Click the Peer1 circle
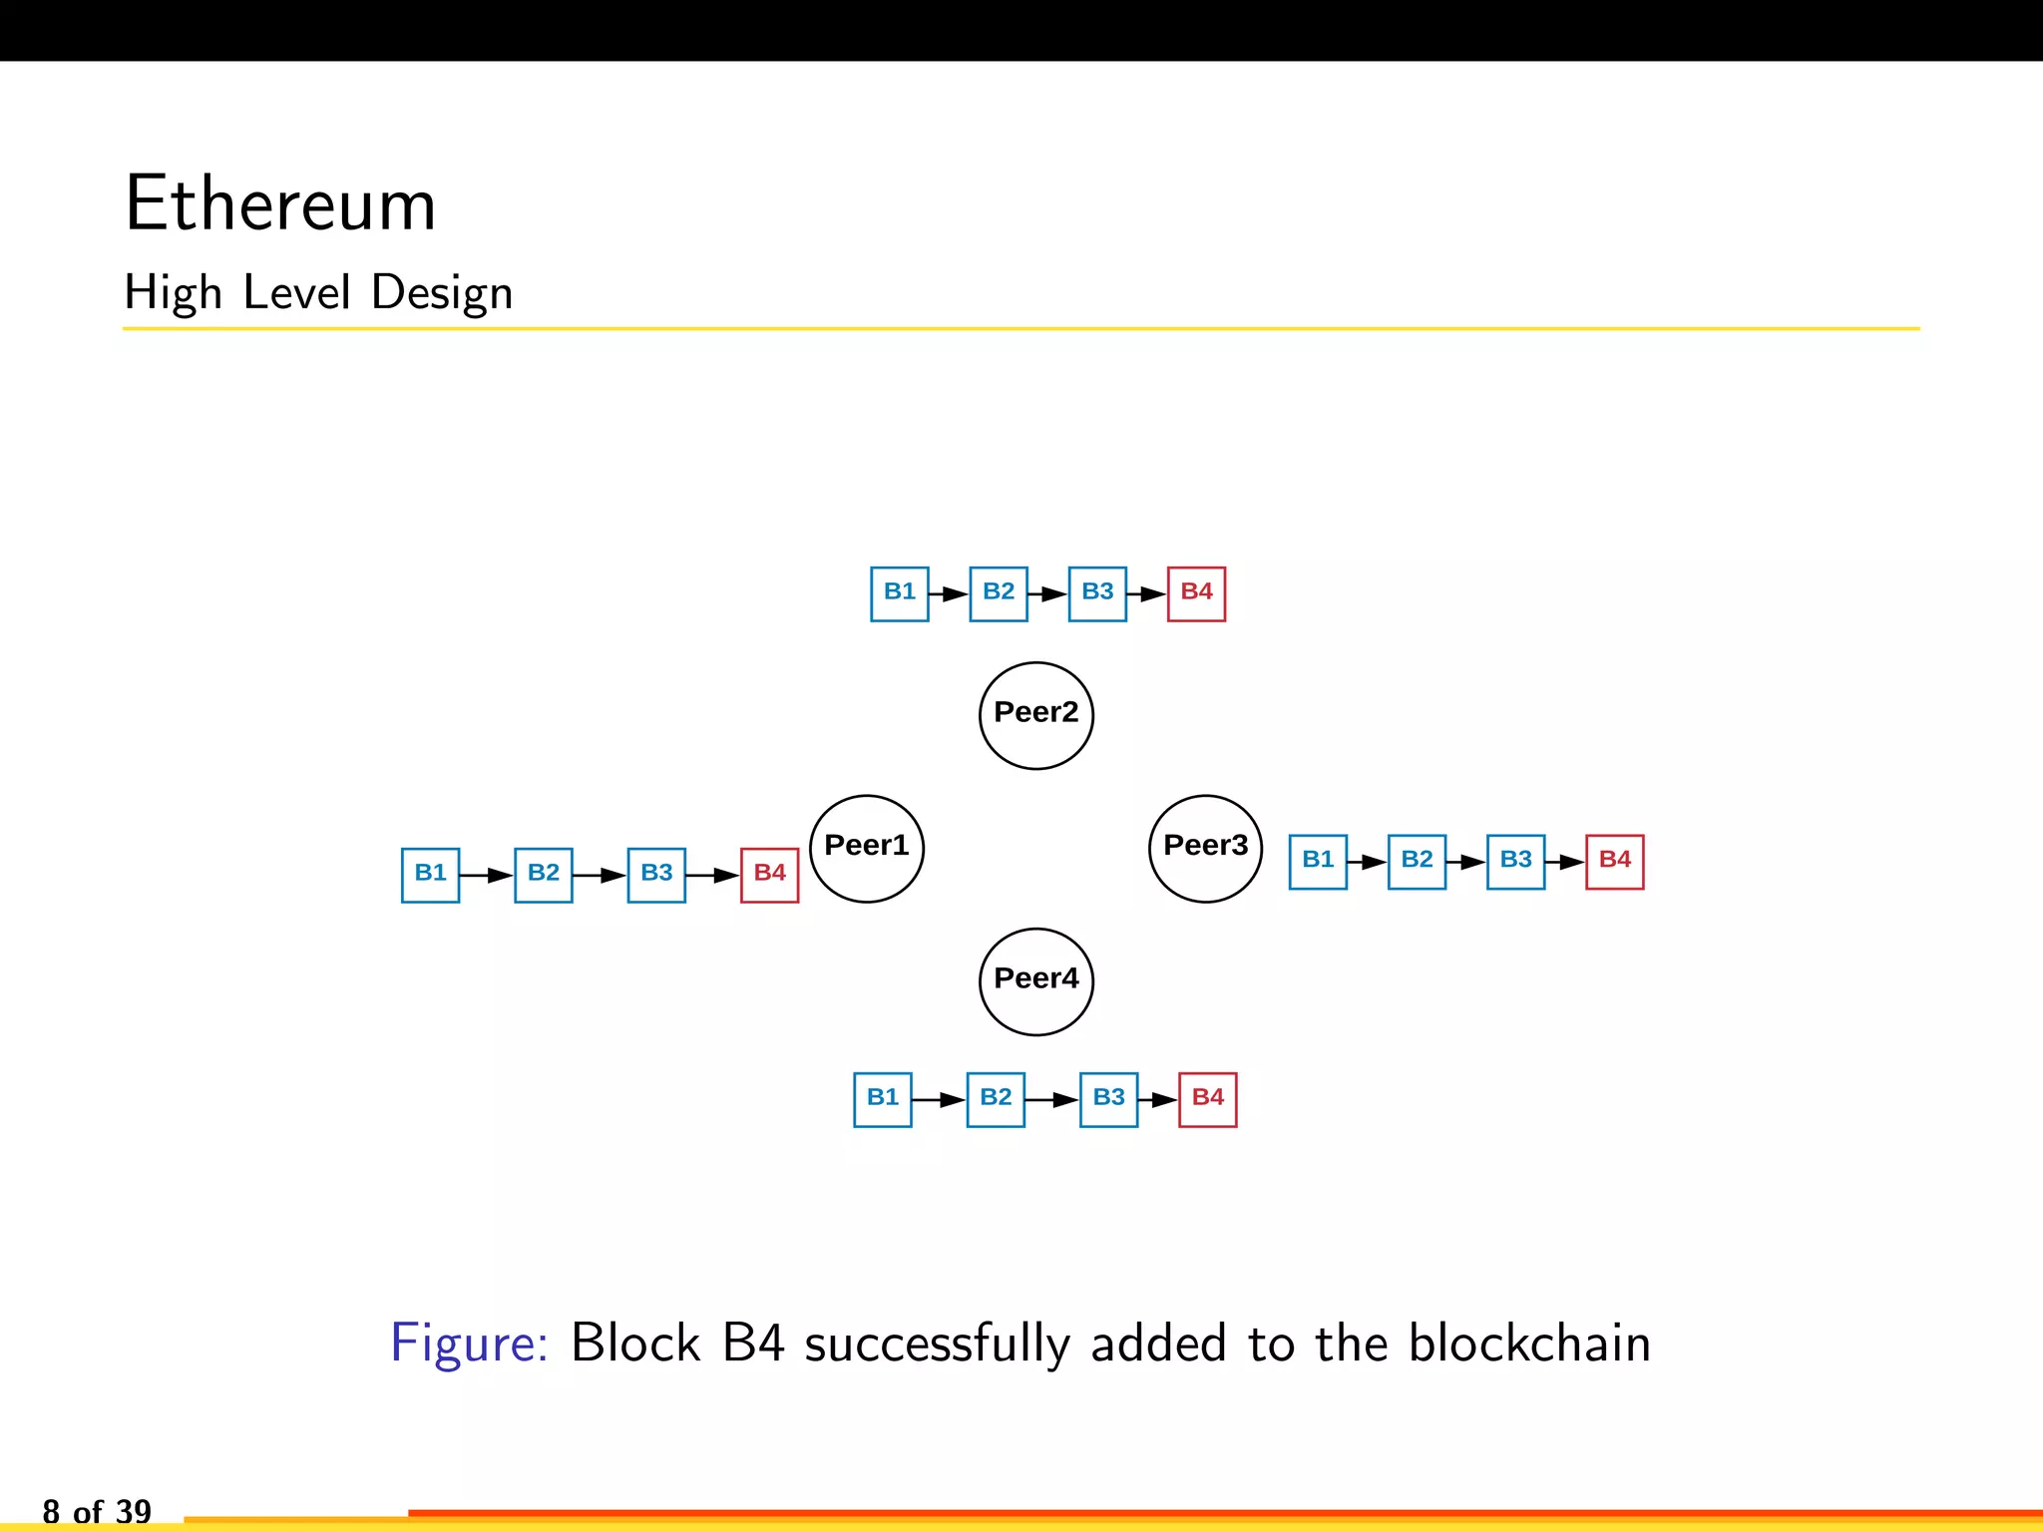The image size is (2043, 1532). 866,849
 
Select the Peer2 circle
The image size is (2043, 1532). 1035,715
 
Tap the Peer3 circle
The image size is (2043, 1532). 1205,849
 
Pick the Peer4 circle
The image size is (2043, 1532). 1035,981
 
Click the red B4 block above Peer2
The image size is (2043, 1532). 1196,593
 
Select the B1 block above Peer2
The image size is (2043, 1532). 899,593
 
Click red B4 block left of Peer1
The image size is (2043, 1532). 769,875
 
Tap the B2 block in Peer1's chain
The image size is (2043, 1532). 543,875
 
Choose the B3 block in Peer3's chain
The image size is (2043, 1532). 1515,862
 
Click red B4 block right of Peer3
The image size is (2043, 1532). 1614,862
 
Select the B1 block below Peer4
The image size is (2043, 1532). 882,1099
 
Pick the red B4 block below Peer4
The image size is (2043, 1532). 1207,1099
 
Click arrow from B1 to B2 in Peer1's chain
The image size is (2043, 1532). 487,876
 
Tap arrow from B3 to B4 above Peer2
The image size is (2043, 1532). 1147,594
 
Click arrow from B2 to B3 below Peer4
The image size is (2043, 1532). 1051,1100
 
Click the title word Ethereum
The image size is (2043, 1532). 280,204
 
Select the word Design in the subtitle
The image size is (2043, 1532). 442,294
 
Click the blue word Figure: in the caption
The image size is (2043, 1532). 469,1343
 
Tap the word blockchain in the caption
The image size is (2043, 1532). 1529,1343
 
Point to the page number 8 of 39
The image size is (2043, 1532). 97,1511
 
